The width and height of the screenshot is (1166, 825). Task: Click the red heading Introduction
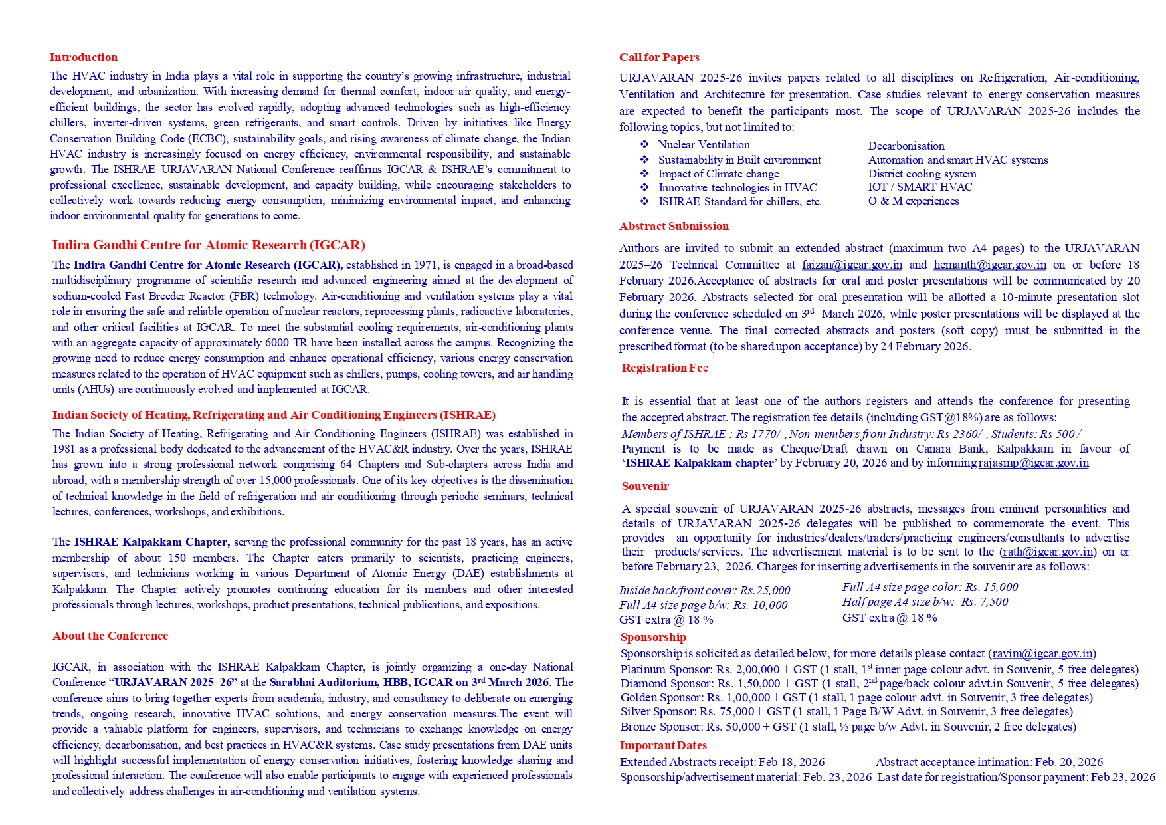tap(83, 57)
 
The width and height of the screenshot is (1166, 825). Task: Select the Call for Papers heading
tap(659, 57)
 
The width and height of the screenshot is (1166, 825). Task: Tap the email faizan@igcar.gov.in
tap(852, 265)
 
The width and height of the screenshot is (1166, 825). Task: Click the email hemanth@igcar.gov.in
tap(990, 265)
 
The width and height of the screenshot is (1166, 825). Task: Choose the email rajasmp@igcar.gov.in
tap(1033, 463)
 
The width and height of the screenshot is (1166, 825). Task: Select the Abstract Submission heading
tap(674, 226)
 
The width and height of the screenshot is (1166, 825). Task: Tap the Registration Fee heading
tap(664, 368)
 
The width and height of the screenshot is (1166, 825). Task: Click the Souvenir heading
tap(645, 486)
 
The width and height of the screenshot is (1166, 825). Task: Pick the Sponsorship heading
tap(653, 637)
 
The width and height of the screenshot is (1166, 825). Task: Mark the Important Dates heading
tap(663, 745)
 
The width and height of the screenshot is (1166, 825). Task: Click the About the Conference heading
tap(110, 636)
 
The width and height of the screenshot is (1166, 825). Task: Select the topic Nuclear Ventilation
tap(704, 144)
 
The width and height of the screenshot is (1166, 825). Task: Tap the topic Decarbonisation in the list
tap(906, 146)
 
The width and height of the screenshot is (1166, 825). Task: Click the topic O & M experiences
tap(913, 201)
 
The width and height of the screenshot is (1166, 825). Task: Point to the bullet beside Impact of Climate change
tap(644, 174)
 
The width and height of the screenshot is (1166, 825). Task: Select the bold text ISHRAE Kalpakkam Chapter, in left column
tap(151, 542)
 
